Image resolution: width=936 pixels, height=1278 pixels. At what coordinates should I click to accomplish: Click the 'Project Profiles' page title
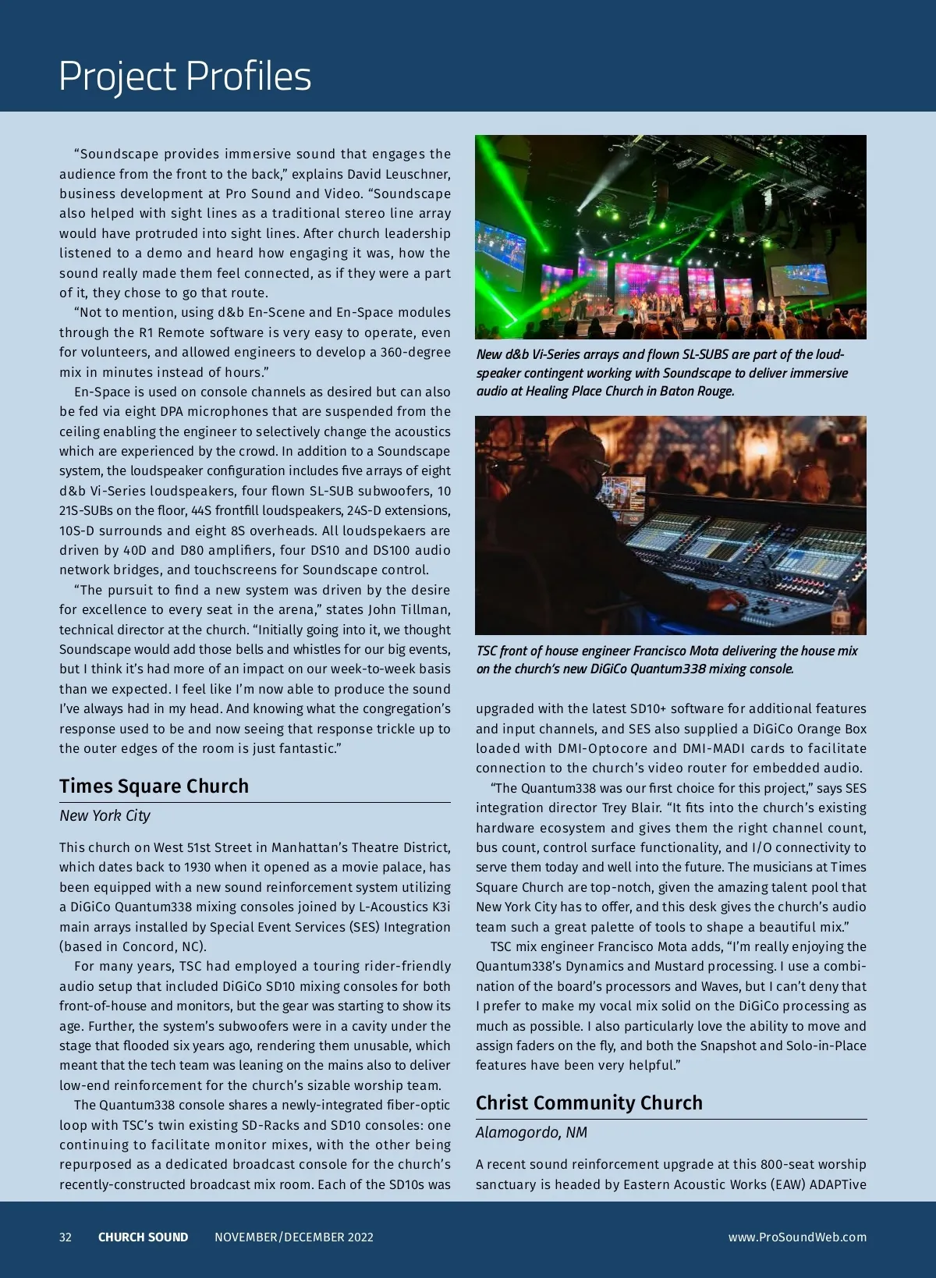tap(185, 76)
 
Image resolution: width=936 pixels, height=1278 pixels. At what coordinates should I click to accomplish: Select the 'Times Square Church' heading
tap(154, 786)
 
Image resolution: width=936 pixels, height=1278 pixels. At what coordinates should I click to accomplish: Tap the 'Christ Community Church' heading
tap(589, 1102)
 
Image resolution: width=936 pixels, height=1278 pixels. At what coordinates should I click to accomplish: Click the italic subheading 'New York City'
tap(105, 815)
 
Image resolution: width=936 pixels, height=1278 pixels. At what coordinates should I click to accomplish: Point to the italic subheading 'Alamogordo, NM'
tap(531, 1132)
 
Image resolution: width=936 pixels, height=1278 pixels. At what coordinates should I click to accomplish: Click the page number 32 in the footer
tap(66, 1237)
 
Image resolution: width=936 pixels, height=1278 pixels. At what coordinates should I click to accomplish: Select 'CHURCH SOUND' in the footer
tap(143, 1237)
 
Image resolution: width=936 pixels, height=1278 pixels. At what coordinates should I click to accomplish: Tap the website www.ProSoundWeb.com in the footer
tap(797, 1237)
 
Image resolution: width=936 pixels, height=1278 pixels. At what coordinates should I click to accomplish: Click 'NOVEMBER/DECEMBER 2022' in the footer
tap(294, 1237)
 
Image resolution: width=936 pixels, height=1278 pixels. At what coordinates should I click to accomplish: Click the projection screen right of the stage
tap(799, 279)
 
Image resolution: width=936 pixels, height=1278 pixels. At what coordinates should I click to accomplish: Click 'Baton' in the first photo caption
tap(677, 391)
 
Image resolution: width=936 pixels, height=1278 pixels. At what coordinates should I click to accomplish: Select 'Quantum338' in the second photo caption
tap(668, 669)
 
